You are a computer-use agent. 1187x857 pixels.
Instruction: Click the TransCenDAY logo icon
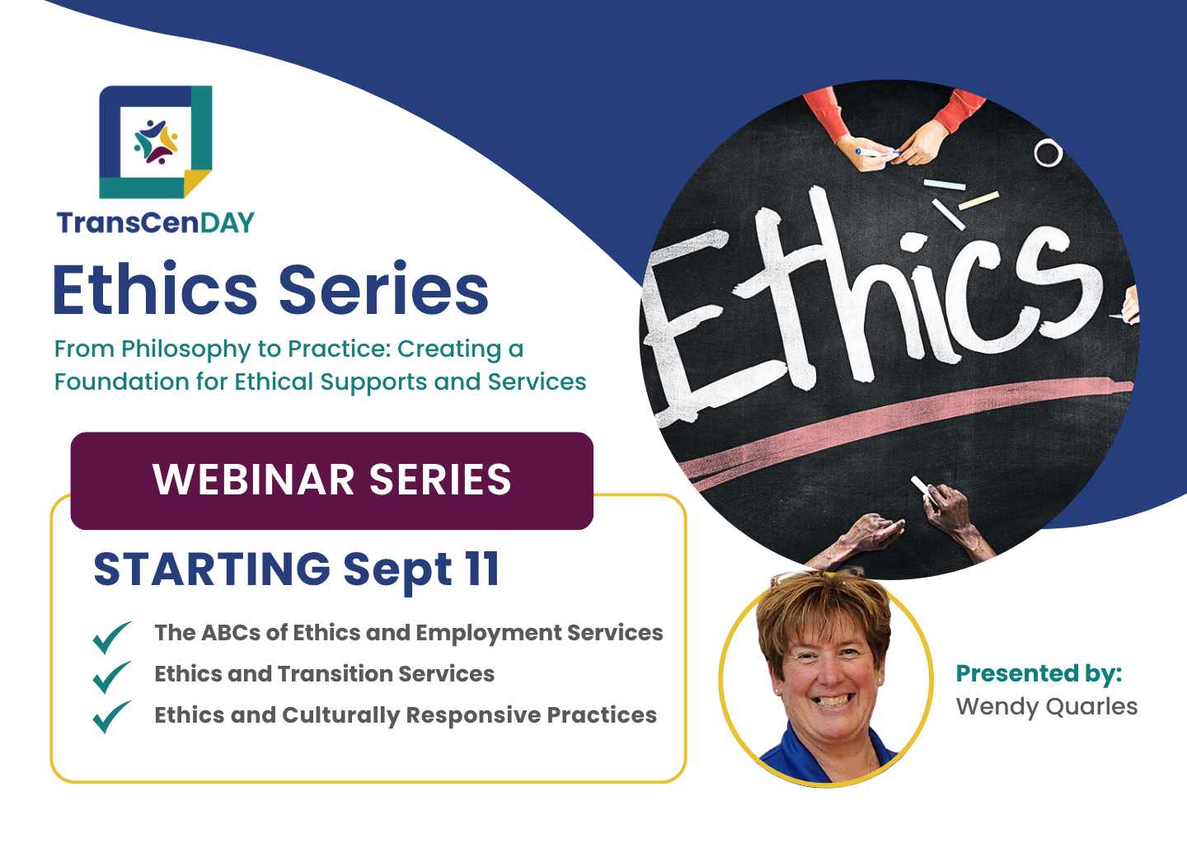[x=156, y=142]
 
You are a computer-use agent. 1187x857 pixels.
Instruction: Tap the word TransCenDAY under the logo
[x=156, y=222]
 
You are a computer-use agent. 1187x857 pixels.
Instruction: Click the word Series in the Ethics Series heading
[x=383, y=290]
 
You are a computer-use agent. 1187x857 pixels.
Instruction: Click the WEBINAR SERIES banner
[x=331, y=480]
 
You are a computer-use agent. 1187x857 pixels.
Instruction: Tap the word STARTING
[x=212, y=569]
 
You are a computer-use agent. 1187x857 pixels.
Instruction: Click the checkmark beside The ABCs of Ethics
[x=112, y=637]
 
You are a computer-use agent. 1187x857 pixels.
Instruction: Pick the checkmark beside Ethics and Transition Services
[x=112, y=677]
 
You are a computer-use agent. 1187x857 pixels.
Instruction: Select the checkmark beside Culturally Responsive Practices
[x=112, y=717]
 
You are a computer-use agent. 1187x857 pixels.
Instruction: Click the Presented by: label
[x=1039, y=674]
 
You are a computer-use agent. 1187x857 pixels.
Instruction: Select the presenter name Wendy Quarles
[x=1047, y=706]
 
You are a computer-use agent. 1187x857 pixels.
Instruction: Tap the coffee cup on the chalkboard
[x=1048, y=152]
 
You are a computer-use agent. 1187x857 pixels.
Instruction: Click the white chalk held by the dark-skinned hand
[x=922, y=490]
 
